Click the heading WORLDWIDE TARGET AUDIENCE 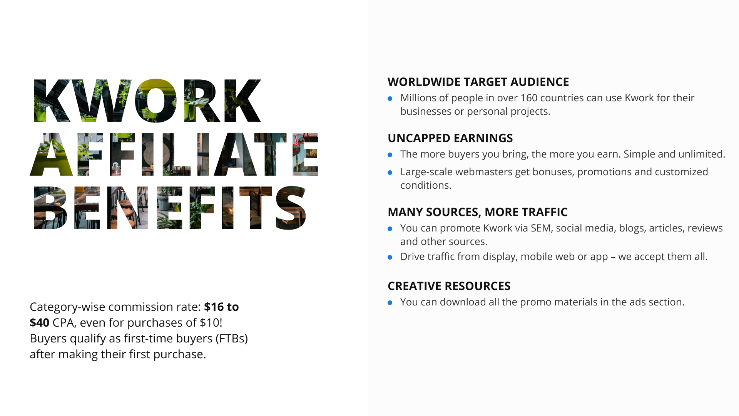click(478, 82)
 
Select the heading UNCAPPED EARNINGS click(450, 138)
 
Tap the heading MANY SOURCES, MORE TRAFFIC click(477, 212)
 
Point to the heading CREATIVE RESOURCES click(449, 286)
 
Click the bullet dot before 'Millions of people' click(390, 99)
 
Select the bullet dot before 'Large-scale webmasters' click(390, 173)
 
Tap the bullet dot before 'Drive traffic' click(390, 257)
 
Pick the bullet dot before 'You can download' click(390, 303)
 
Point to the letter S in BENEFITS click(291, 208)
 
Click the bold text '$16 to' click(221, 307)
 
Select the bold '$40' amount click(39, 323)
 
